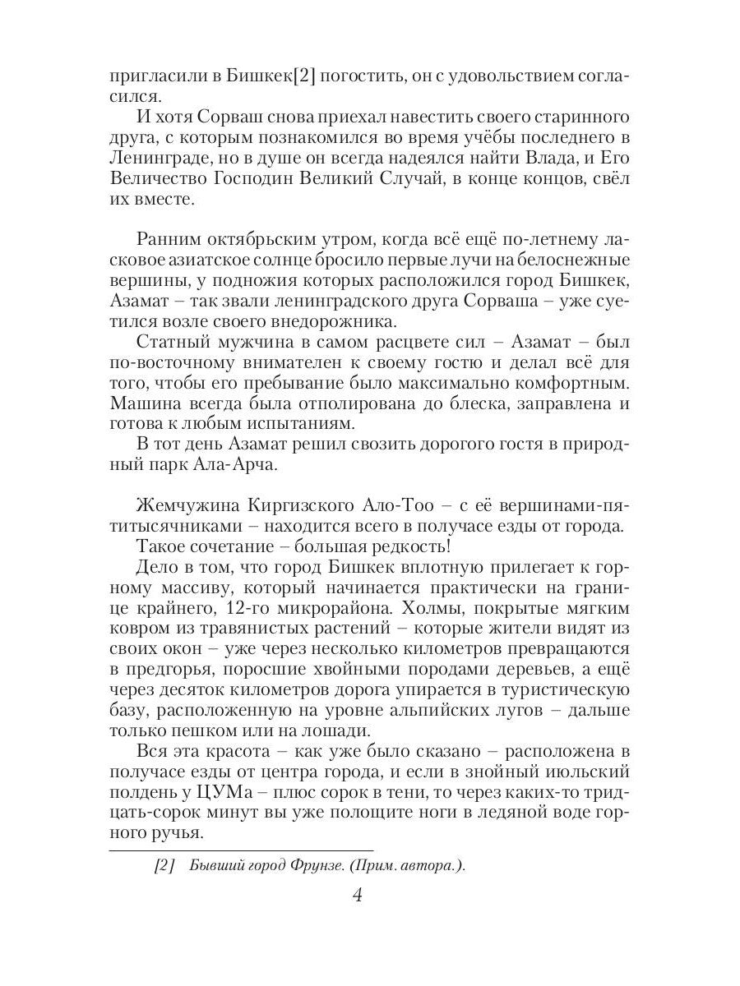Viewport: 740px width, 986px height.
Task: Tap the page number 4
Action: coord(357,895)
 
